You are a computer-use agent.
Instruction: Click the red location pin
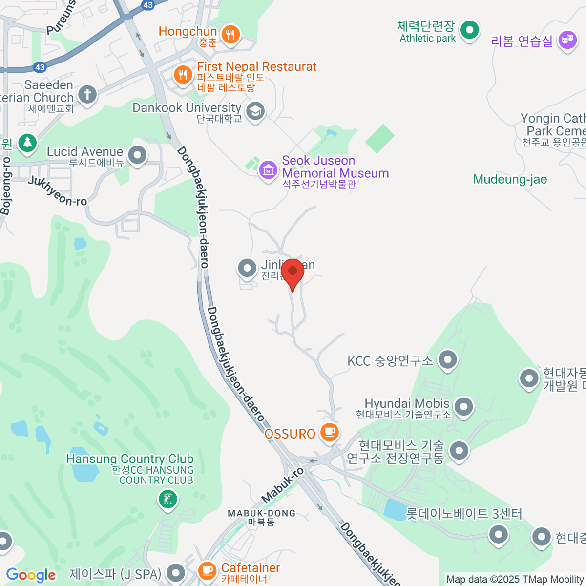[x=293, y=272]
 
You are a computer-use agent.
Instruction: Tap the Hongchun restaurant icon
[x=230, y=34]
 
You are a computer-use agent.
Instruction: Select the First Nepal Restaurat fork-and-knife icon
[x=183, y=75]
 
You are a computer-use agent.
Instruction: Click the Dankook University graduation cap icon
[x=255, y=111]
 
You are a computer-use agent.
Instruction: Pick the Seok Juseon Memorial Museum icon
[x=268, y=170]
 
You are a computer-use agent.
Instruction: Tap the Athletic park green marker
[x=470, y=30]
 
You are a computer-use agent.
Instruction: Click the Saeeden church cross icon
[x=87, y=94]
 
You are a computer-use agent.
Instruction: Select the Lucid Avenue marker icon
[x=137, y=156]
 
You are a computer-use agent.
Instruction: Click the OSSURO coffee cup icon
[x=330, y=432]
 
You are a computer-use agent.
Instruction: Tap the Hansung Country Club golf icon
[x=168, y=499]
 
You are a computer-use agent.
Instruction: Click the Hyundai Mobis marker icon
[x=464, y=406]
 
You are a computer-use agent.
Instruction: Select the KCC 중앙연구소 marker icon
[x=447, y=360]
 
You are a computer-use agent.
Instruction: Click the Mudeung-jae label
[x=510, y=179]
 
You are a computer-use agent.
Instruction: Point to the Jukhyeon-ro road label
[x=57, y=190]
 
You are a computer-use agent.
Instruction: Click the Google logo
[x=31, y=575]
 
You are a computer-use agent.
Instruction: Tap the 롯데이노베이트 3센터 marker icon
[x=499, y=534]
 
